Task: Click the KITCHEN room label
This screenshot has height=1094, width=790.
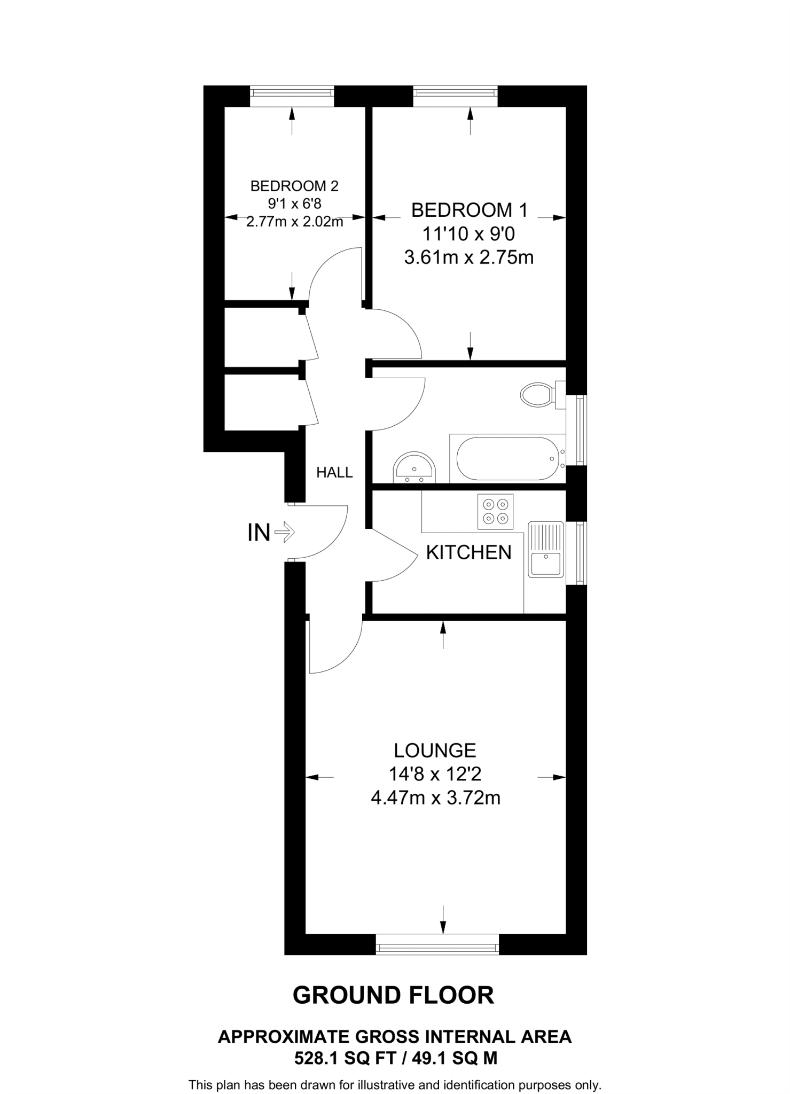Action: tap(468, 552)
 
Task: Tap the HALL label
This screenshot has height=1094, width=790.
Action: tap(334, 472)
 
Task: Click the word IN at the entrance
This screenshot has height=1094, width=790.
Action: tap(259, 533)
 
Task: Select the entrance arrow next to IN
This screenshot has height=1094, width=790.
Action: tap(285, 532)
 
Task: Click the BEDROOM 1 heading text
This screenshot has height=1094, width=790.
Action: tap(469, 210)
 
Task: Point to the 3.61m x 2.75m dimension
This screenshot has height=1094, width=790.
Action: tap(469, 257)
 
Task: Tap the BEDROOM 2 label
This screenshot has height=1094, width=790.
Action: tap(294, 186)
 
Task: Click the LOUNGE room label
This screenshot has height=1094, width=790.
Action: tap(435, 751)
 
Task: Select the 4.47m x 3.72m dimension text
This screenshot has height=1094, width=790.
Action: tap(435, 798)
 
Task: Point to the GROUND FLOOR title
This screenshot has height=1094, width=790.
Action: tap(394, 995)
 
